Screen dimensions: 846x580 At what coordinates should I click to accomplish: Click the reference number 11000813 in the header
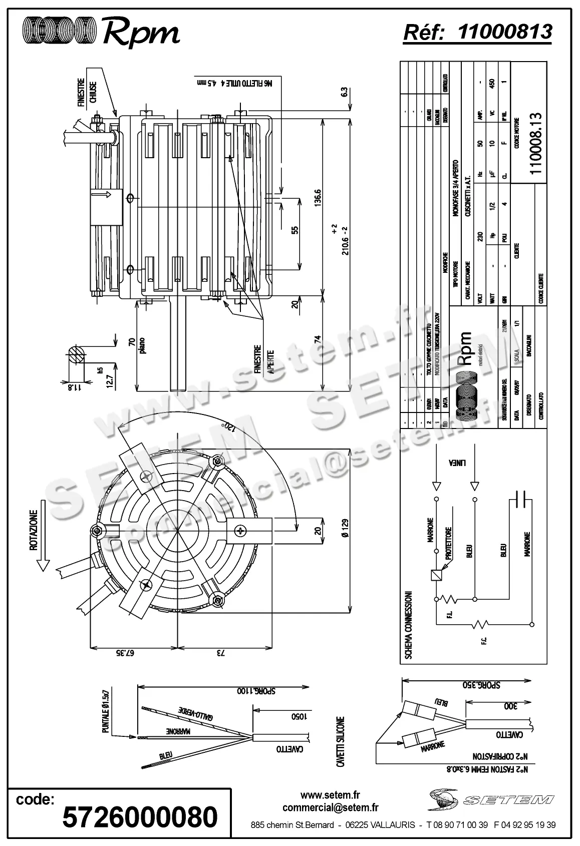point(505,32)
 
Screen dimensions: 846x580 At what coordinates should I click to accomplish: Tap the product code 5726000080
point(140,816)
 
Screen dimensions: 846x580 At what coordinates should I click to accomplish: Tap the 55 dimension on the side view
point(295,230)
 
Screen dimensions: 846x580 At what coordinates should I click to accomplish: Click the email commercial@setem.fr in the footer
point(330,807)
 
